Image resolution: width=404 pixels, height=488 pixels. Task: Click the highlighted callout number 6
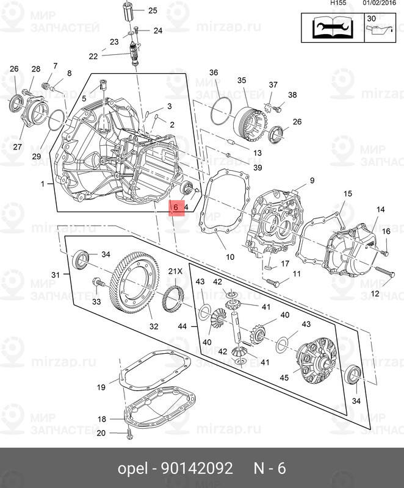(x=175, y=208)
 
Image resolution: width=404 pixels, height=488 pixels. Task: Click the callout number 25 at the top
(x=152, y=10)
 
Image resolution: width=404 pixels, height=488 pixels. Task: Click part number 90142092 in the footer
(x=197, y=468)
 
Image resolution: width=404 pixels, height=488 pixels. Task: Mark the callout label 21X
(x=176, y=271)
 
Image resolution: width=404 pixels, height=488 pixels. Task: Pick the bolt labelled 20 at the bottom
(x=129, y=434)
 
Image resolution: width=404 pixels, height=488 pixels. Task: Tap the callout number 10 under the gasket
(x=230, y=256)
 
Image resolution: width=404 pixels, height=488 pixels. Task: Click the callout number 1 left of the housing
(x=43, y=184)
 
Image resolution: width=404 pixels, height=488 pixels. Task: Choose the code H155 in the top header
(x=337, y=3)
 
